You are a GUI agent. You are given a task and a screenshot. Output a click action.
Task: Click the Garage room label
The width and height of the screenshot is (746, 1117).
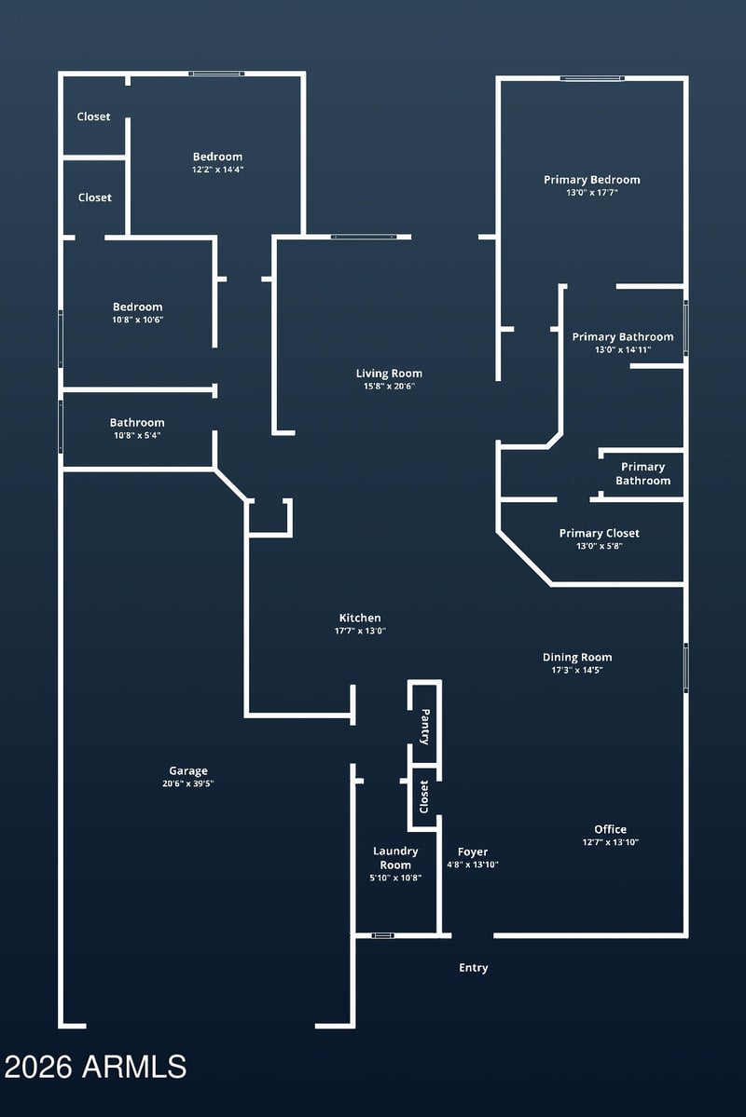(x=188, y=770)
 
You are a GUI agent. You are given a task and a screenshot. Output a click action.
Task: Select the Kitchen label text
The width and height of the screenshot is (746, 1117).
(x=360, y=618)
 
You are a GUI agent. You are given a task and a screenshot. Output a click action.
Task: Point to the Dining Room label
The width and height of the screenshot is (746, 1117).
(x=577, y=657)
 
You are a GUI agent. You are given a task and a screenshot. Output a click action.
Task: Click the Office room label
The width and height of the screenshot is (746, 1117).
(x=611, y=829)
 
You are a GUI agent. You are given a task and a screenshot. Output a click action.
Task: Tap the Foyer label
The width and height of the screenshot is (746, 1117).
(x=473, y=851)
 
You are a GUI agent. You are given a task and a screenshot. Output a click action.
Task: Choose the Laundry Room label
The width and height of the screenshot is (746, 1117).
(x=395, y=858)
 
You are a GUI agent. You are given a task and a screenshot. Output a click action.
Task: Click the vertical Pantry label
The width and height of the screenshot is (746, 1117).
(x=425, y=727)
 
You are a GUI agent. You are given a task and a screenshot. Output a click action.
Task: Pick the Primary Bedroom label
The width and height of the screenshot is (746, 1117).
(x=592, y=180)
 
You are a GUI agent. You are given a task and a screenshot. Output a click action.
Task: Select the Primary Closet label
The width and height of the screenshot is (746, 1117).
(x=600, y=533)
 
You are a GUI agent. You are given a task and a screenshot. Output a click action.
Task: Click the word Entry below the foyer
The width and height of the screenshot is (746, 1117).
(x=474, y=968)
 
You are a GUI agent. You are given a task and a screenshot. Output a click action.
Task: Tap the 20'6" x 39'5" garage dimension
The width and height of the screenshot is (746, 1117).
(x=188, y=783)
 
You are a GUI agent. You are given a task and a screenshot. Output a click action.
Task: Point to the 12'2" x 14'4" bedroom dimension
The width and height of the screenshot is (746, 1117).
(x=217, y=170)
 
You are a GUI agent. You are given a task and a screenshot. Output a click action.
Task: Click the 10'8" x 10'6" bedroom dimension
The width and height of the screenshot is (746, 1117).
(x=138, y=320)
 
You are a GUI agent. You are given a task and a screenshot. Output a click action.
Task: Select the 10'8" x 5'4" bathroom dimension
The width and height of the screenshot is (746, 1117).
(x=138, y=435)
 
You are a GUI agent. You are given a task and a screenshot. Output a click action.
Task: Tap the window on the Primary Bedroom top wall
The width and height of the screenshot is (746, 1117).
(x=592, y=78)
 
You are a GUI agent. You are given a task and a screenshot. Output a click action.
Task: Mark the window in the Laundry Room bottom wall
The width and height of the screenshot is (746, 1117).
(x=383, y=934)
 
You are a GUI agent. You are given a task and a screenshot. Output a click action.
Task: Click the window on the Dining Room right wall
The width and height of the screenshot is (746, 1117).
(x=685, y=667)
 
